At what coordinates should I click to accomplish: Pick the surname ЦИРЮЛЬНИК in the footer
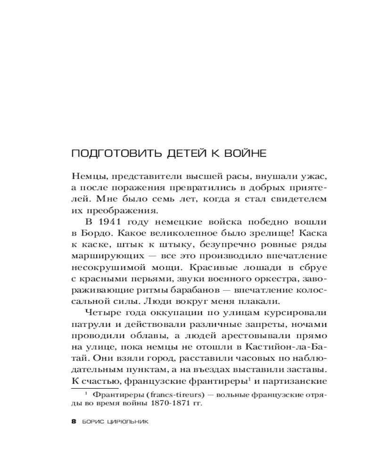click(x=129, y=422)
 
